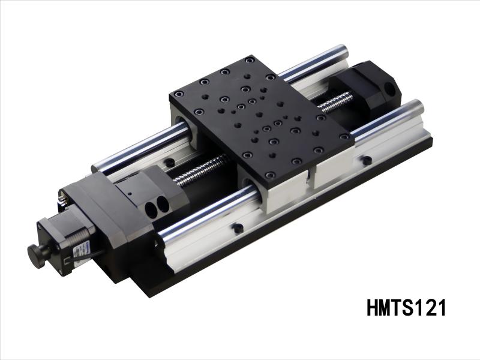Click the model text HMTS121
coord(406,308)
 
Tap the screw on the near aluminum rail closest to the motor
coord(238,228)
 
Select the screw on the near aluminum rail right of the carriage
coord(366,160)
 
